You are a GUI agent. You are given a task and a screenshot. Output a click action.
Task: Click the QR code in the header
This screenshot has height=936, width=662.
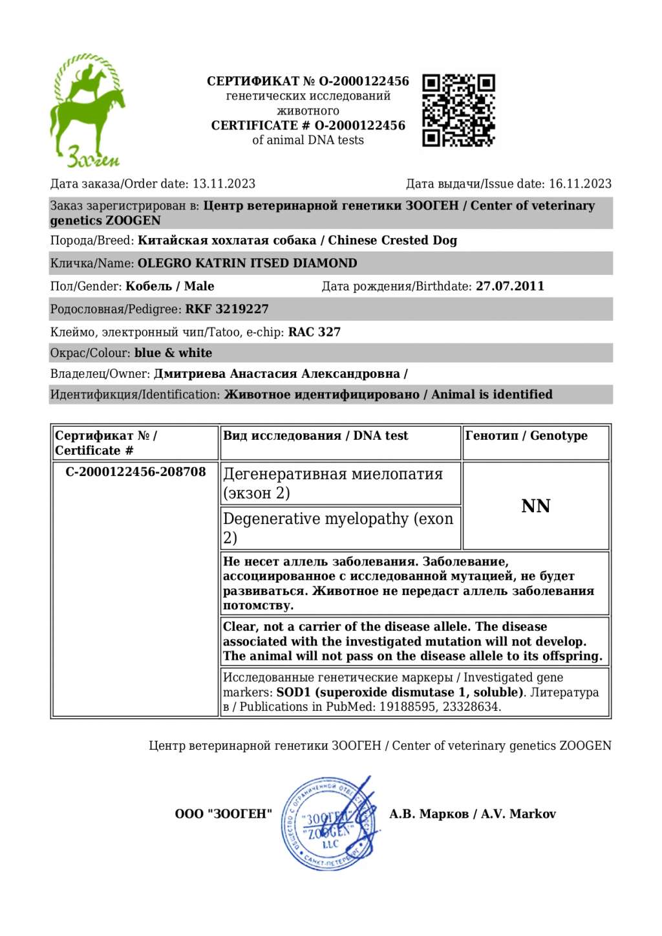click(458, 110)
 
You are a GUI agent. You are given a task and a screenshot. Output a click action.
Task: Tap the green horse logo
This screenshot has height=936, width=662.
click(88, 110)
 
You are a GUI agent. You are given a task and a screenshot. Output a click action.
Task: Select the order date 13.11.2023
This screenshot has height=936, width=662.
click(224, 184)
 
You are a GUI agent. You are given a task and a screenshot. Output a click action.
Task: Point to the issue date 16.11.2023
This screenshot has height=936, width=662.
click(580, 184)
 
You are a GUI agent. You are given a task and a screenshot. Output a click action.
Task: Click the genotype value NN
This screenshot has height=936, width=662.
click(535, 506)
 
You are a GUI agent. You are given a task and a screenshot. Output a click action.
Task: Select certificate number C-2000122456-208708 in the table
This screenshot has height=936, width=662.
click(136, 472)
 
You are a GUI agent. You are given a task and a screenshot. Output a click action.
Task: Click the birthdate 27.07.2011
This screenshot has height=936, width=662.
click(510, 286)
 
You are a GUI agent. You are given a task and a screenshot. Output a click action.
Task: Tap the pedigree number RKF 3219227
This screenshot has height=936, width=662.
click(227, 309)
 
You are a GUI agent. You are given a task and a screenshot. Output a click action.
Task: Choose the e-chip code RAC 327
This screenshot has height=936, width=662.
click(314, 332)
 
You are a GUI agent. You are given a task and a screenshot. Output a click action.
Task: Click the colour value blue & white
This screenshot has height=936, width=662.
click(173, 353)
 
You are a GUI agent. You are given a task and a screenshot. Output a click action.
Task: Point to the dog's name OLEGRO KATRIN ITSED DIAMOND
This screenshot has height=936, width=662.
click(248, 263)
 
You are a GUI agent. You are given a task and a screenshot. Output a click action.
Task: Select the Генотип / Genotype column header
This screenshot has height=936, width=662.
click(526, 436)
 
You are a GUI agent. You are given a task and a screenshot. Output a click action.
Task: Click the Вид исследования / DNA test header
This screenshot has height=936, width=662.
click(315, 436)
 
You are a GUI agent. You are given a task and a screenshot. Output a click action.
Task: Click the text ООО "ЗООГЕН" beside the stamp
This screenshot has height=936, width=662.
click(224, 814)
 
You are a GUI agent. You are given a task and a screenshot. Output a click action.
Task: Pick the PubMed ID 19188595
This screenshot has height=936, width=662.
click(405, 707)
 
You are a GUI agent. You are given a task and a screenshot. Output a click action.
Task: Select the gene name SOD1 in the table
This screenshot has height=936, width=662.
click(294, 692)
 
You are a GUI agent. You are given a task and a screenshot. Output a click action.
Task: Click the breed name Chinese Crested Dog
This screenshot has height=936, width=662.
click(392, 241)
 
